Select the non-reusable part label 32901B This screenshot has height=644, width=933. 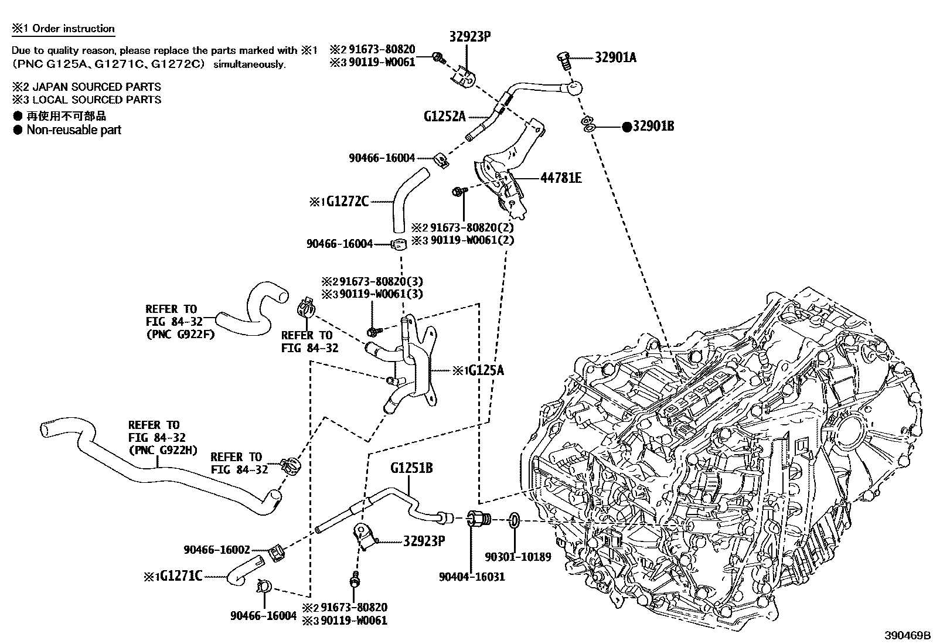tap(652, 126)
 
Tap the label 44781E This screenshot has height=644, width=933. tap(560, 178)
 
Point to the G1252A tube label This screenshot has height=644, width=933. tap(444, 116)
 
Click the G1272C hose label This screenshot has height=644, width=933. tap(347, 202)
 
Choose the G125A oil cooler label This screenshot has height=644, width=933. tap(483, 370)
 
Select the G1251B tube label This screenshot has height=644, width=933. tap(411, 468)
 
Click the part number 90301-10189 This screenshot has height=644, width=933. tap(518, 557)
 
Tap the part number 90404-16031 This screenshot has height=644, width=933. tap(471, 577)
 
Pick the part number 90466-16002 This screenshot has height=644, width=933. tap(216, 550)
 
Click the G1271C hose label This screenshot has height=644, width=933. tap(181, 577)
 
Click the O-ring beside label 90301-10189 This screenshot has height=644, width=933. tap(513, 520)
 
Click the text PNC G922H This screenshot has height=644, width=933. tap(162, 450)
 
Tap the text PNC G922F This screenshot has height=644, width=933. tap(180, 334)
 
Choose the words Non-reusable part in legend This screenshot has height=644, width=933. tap(74, 130)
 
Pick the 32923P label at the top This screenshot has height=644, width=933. tap(469, 36)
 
